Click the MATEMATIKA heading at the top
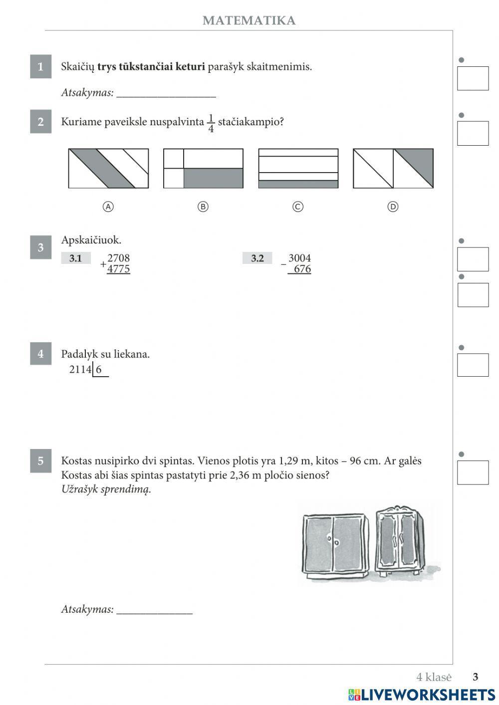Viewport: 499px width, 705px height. point(249,20)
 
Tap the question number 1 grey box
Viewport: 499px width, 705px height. point(40,66)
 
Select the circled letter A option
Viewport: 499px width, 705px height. point(108,207)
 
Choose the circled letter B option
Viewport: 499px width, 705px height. point(203,207)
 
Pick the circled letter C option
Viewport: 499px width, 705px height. point(298,207)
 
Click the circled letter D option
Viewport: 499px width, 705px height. point(393,207)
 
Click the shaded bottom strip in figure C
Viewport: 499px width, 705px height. point(298,184)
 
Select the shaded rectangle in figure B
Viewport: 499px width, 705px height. point(213,178)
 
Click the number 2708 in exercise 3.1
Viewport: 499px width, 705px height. point(118,258)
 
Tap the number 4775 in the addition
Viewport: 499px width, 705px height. point(118,269)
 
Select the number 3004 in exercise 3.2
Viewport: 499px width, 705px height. point(299,258)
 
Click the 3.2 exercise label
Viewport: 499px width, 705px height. point(257,258)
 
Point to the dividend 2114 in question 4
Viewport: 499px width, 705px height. point(80,370)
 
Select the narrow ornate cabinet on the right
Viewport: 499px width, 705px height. point(400,541)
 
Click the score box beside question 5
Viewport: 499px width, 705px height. point(473,472)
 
